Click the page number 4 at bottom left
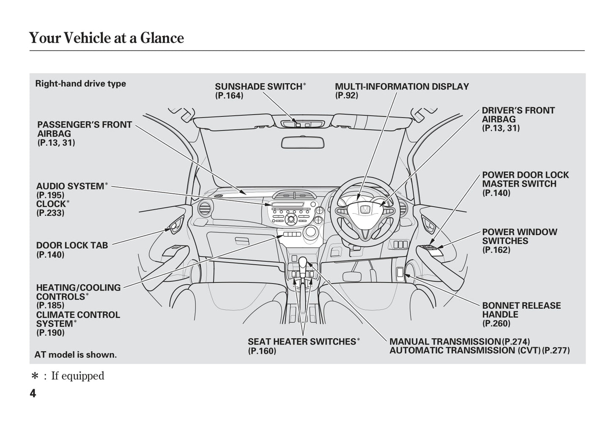33,393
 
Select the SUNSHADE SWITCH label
258,87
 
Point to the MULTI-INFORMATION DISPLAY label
402,87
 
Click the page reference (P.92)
346,96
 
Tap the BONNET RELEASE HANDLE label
521,310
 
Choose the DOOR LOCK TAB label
72,245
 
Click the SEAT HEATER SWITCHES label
302,341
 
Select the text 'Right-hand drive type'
80,84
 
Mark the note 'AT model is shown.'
75,355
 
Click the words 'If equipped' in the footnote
77,376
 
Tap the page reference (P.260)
496,324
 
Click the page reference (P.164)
229,96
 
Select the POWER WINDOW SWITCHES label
520,236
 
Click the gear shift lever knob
303,263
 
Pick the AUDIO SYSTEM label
70,187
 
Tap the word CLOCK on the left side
51,204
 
